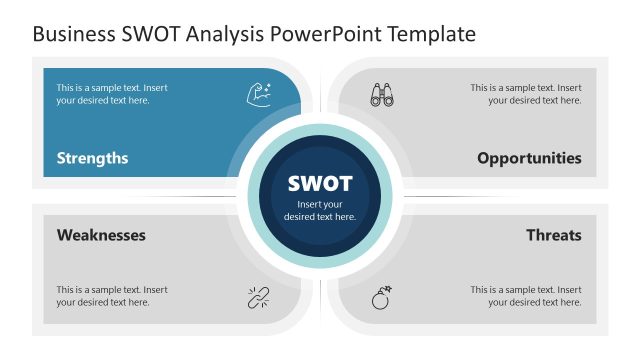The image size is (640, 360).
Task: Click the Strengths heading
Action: [92, 158]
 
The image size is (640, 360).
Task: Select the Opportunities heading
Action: [529, 158]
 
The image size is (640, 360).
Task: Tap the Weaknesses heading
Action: [101, 235]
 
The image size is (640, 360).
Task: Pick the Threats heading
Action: [553, 235]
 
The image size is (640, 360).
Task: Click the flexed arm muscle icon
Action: [256, 94]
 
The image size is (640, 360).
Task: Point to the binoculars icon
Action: [382, 94]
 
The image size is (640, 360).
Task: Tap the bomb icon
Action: [382, 297]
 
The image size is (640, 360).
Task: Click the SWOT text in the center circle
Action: [320, 184]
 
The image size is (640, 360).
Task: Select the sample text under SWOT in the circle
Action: [320, 210]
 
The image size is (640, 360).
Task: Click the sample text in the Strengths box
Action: [111, 94]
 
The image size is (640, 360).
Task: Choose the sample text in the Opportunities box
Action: [526, 94]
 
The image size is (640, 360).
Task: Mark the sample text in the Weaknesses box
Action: [111, 296]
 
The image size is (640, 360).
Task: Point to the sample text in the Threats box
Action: [526, 296]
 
